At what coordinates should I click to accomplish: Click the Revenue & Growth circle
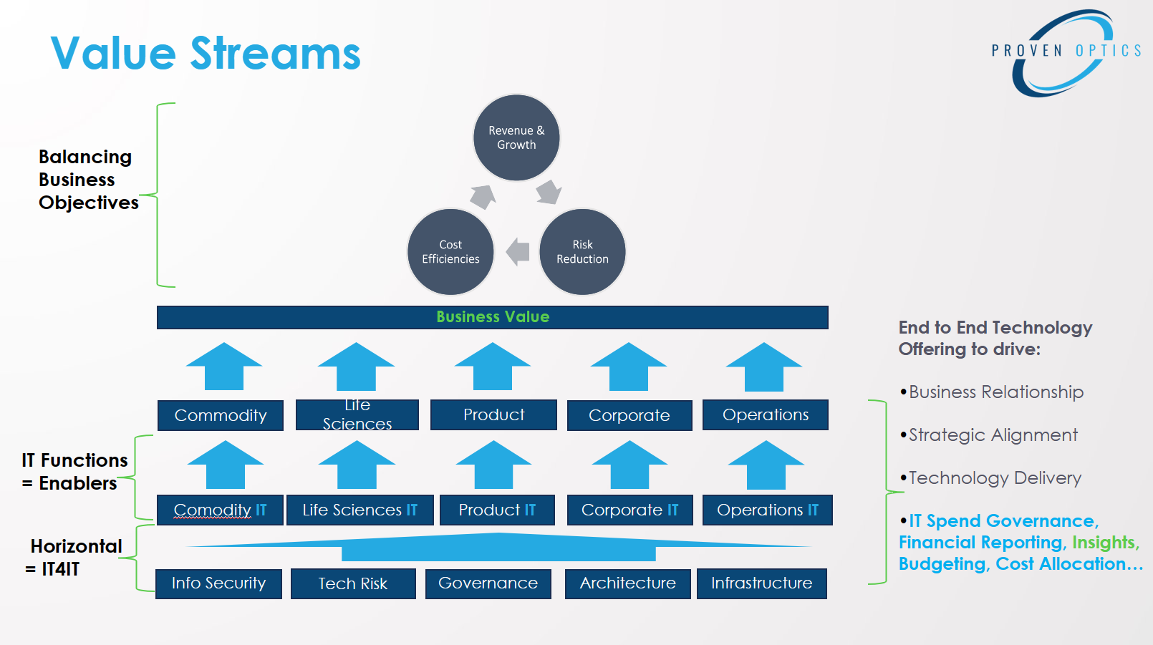coord(516,137)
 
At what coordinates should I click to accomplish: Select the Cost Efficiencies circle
coord(450,251)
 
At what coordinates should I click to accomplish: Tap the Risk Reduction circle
coord(582,251)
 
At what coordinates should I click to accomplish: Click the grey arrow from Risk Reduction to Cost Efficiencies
coord(518,251)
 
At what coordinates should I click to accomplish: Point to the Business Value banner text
coord(493,317)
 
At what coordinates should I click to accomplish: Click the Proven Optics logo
coord(1066,53)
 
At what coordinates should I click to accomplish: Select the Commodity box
coord(221,415)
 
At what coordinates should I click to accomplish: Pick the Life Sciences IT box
coord(360,510)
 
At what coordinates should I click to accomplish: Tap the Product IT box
coord(497,510)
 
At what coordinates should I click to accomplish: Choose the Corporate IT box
coord(630,510)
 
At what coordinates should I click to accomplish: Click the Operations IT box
coord(768,510)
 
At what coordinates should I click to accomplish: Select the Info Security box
coord(218,583)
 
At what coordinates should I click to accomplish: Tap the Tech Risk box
coord(353,583)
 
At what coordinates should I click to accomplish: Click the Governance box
coord(488,583)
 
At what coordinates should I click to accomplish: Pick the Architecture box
coord(628,583)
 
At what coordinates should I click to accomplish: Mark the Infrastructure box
coord(762,583)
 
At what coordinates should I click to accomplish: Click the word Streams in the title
coord(276,54)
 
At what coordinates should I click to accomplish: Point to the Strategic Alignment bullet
coord(989,435)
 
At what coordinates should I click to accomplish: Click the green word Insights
coord(1104,542)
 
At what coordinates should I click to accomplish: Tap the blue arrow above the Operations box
coord(764,367)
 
